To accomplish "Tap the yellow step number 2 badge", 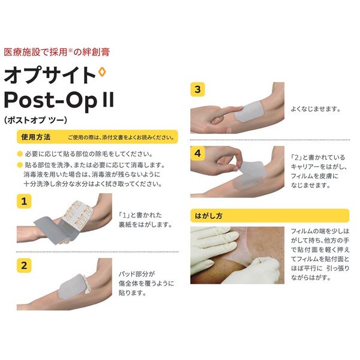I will point(24,264).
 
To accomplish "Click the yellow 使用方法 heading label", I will point(35,136).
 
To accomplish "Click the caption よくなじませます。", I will point(315,109).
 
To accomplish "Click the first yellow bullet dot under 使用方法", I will point(19,153).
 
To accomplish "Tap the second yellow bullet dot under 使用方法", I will point(19,163).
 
